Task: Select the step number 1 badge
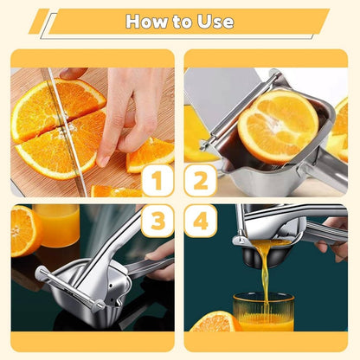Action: coord(157,181)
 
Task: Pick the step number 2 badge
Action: coord(201,181)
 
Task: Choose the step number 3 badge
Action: coord(157,221)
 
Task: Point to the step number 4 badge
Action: coord(201,221)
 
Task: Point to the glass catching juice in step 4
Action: coord(264,312)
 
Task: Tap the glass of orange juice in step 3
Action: coord(56,225)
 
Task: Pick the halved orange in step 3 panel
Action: coord(24,231)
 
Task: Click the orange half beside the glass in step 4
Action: coord(215,322)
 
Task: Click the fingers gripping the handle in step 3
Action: coord(160,260)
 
